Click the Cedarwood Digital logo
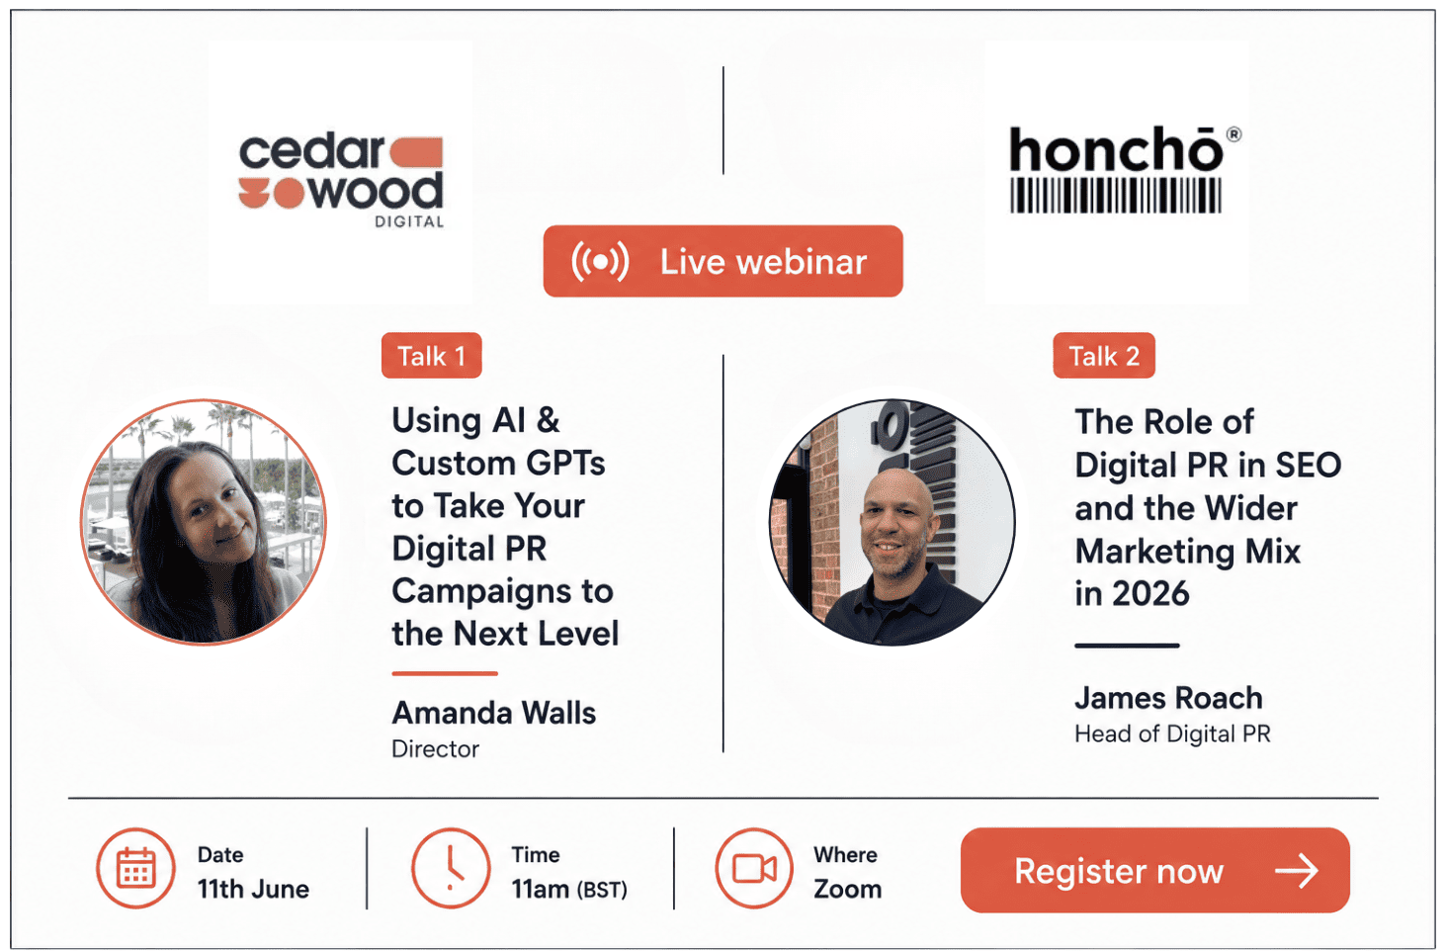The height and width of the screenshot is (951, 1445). click(x=341, y=181)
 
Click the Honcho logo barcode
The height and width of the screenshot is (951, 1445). click(x=1115, y=196)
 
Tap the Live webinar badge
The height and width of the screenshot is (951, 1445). click(x=722, y=261)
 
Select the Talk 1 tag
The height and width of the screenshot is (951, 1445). click(x=432, y=356)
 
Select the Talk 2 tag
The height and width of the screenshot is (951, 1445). click(x=1104, y=356)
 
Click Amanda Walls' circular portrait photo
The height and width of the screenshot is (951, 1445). click(x=204, y=522)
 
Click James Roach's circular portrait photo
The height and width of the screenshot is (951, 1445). click(x=892, y=522)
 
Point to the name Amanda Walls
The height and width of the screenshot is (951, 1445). click(x=494, y=713)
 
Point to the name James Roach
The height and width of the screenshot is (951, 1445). click(x=1168, y=698)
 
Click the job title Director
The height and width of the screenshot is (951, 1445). click(x=436, y=749)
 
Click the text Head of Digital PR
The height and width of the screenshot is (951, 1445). click(x=1172, y=735)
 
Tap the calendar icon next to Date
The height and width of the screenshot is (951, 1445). click(x=135, y=868)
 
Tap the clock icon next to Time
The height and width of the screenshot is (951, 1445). click(x=451, y=868)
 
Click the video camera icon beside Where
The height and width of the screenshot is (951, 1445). click(x=754, y=868)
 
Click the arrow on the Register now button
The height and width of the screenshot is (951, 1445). click(x=1297, y=871)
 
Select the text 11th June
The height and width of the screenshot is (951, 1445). click(x=253, y=889)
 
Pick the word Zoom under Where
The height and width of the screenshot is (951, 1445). click(x=847, y=889)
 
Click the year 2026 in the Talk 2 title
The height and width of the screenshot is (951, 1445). click(x=1150, y=593)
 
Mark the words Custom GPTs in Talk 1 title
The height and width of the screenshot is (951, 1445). click(x=498, y=464)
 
